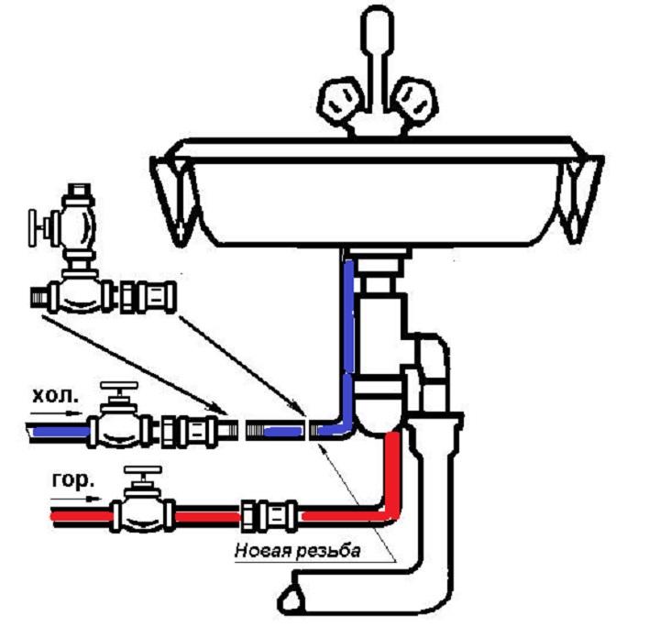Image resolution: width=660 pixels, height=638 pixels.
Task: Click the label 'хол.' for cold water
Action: click(54, 400)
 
